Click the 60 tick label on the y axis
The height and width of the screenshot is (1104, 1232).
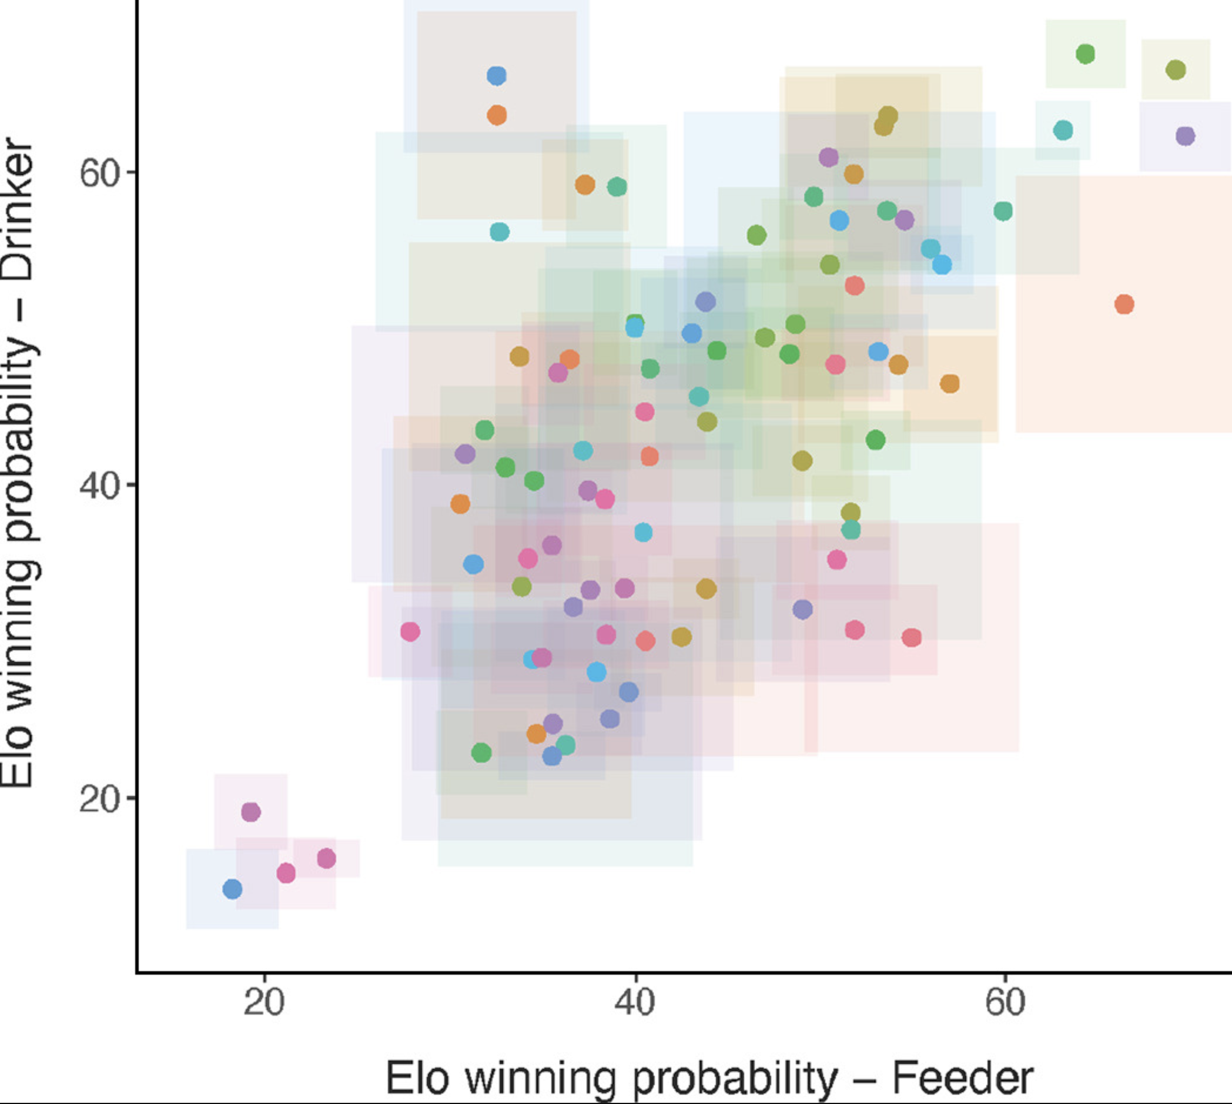pos(99,173)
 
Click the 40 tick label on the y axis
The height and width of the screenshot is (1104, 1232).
pos(99,486)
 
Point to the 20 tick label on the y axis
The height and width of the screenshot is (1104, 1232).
pos(99,799)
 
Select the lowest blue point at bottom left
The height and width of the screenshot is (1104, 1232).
pos(232,889)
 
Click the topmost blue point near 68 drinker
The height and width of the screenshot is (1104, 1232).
pos(497,76)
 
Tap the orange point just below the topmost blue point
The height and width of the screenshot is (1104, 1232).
pos(497,115)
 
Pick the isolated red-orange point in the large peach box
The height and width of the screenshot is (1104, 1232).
pos(1124,305)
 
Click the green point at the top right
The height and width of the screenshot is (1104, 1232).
pos(1085,54)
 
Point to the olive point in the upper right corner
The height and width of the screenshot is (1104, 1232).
pos(1176,70)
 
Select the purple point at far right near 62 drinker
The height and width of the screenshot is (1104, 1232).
pos(1186,136)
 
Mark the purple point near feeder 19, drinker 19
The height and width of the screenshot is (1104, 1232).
pos(250,812)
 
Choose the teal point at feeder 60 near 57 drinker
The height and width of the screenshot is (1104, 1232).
pos(1003,211)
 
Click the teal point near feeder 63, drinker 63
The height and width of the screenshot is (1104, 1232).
pos(1063,130)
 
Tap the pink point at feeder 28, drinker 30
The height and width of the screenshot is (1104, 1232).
pos(410,631)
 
